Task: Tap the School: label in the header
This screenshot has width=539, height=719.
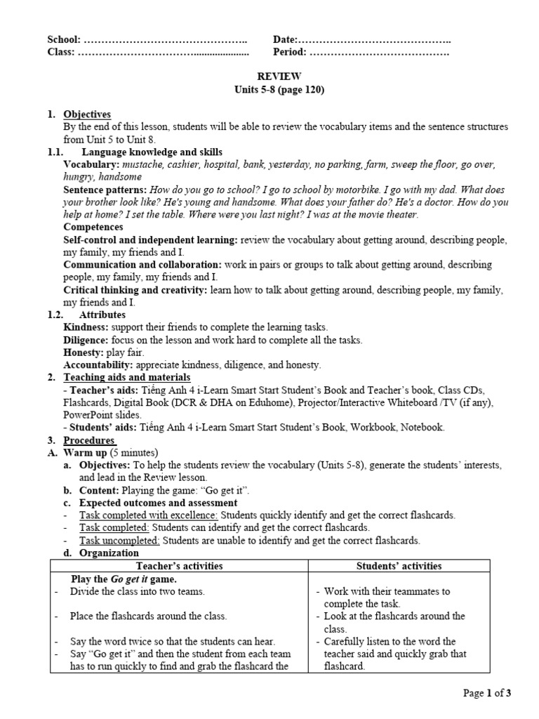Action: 64,40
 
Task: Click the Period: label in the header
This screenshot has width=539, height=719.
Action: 290,52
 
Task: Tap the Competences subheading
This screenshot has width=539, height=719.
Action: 94,227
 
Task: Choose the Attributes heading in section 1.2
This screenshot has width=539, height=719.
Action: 102,315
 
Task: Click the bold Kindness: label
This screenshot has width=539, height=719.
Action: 86,327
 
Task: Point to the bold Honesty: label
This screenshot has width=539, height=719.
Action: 83,352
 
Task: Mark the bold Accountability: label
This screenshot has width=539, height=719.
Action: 98,365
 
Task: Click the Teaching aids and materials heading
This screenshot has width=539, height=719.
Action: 123,378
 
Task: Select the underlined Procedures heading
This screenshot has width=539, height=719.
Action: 89,440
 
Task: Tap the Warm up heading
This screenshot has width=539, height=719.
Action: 88,452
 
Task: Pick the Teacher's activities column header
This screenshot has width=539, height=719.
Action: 179,566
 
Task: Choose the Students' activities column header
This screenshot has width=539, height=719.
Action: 399,566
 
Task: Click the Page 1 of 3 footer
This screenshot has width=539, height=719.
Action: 487,694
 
